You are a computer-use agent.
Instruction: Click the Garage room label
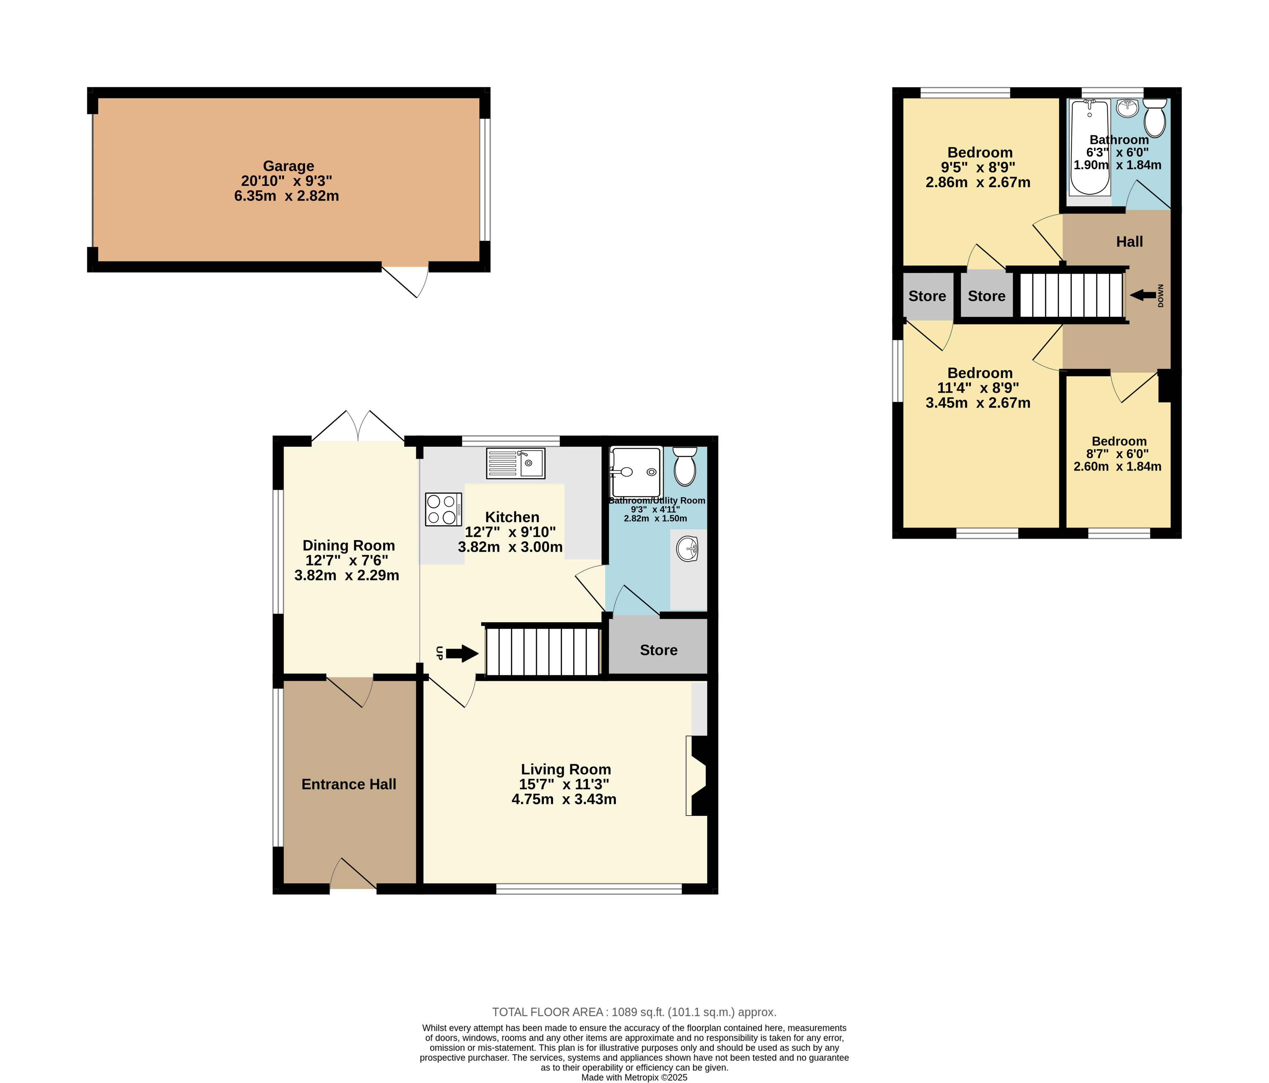click(x=288, y=166)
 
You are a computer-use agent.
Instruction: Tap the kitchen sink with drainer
click(x=516, y=463)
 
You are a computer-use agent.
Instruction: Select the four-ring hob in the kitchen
click(x=443, y=509)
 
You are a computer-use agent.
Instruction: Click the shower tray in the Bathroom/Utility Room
click(x=636, y=472)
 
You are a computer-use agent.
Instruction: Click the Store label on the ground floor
click(x=659, y=650)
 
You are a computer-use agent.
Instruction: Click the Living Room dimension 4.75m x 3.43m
click(x=564, y=799)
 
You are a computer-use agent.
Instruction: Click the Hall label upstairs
click(x=1129, y=242)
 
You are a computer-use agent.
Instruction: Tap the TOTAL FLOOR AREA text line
click(x=634, y=1012)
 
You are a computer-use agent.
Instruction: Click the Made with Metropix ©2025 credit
click(x=634, y=1077)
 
